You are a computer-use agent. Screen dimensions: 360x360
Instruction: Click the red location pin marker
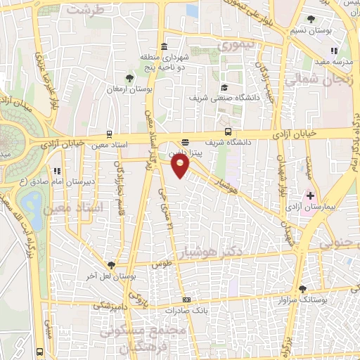coord(180,166)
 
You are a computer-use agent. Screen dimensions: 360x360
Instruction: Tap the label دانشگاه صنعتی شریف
coord(224,98)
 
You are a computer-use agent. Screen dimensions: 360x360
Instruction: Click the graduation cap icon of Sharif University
coord(224,88)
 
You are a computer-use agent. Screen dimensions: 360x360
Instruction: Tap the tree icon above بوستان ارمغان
coord(129,78)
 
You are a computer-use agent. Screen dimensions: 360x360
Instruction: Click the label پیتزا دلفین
coord(185,151)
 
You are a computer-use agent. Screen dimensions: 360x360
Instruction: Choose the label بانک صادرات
coord(185,309)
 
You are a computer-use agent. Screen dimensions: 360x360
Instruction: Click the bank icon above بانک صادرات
coord(185,299)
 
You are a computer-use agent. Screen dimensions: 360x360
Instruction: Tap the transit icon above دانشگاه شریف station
coord(228,131)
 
